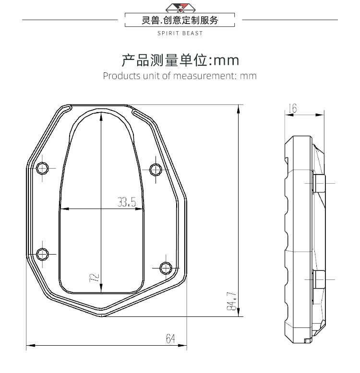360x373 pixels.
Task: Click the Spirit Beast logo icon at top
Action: tap(180, 8)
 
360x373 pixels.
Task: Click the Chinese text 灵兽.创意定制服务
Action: tap(180, 20)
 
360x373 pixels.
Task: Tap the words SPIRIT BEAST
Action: tap(180, 34)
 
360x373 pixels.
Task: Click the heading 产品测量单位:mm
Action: tap(180, 60)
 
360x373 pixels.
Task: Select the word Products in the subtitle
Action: tap(121, 76)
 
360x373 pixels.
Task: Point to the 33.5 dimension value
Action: tap(127, 202)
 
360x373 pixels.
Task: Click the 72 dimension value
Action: tap(95, 277)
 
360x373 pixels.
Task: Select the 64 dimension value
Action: tap(170, 339)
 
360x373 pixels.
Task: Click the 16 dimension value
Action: tap(293, 109)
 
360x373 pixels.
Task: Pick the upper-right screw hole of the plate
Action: tap(156, 169)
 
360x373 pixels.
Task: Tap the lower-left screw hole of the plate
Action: tap(43, 253)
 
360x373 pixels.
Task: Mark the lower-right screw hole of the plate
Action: tap(166, 267)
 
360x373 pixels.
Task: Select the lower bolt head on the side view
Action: tap(319, 278)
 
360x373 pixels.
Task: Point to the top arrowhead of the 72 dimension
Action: tap(101, 115)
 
